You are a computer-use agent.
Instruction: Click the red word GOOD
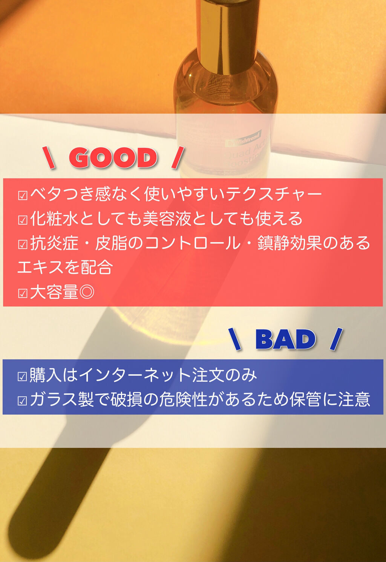(x=113, y=158)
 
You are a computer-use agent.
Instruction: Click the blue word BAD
(x=285, y=339)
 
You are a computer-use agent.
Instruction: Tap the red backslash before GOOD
(x=49, y=158)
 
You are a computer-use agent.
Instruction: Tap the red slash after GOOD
(x=178, y=158)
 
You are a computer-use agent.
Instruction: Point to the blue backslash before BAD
(x=235, y=339)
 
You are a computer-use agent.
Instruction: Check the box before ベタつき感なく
(x=23, y=195)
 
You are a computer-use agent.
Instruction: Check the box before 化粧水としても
(x=23, y=220)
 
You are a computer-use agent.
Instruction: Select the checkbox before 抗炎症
(x=23, y=244)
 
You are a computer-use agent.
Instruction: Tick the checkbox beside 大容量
(x=23, y=293)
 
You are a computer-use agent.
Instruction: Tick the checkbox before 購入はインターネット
(x=22, y=376)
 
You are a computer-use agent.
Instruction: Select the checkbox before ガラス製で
(x=22, y=401)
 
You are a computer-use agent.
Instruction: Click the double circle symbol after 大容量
(x=87, y=292)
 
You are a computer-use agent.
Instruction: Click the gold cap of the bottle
(x=228, y=34)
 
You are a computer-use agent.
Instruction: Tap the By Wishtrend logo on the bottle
(x=244, y=140)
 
